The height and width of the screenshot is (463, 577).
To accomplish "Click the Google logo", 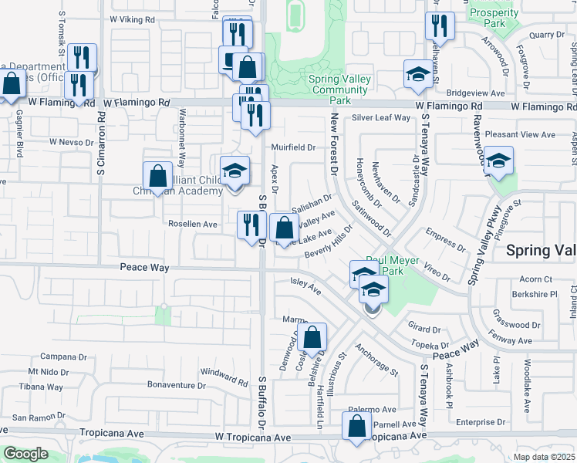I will coord(25,454).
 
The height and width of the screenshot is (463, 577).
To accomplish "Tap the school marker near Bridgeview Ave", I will coord(417,76).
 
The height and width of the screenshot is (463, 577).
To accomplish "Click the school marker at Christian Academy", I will coord(235,172).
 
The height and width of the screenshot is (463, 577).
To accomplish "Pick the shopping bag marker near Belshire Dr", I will coord(312,337).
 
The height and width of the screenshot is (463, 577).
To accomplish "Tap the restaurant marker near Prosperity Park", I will coord(440,26).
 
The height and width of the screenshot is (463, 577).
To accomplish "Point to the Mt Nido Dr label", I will coord(60,372).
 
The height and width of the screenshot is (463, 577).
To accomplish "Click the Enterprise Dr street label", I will coord(479,423).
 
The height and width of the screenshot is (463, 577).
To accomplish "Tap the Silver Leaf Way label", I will coord(381,118).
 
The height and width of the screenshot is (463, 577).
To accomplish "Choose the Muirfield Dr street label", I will coord(293,147).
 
